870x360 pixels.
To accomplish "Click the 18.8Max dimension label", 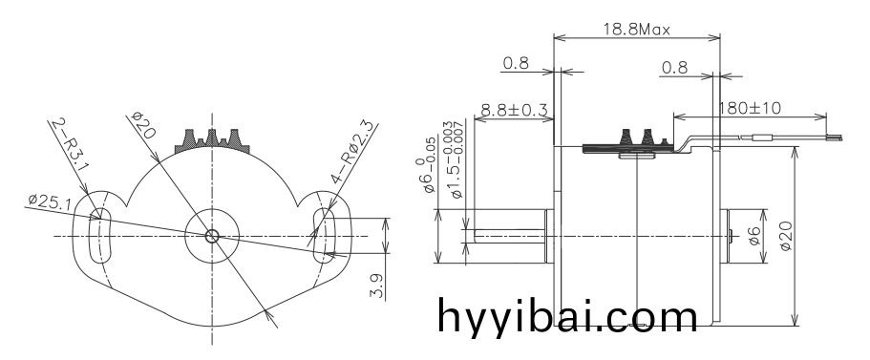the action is tap(636, 29).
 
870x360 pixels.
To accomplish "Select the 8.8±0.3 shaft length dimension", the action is tap(514, 110).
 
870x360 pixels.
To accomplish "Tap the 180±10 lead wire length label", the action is tap(750, 108).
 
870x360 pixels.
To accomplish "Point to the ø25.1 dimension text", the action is tap(50, 201).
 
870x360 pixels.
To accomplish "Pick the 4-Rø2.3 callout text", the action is tap(353, 152).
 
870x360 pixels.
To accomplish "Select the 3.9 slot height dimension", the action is tap(377, 286).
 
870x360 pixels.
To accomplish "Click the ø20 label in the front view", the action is tap(143, 125).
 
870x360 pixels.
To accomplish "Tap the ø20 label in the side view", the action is tap(786, 236).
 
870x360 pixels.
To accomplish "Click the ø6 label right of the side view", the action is tap(754, 235).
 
